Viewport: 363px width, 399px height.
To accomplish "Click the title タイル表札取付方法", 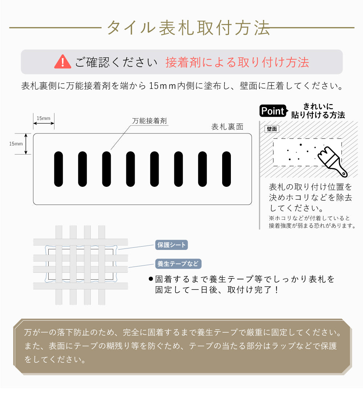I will (188, 28).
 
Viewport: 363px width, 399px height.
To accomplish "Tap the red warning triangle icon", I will (62, 62).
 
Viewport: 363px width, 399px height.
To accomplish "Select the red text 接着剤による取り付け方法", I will (237, 62).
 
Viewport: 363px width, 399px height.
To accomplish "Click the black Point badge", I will (273, 111).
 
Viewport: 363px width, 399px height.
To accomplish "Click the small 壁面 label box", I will (272, 129).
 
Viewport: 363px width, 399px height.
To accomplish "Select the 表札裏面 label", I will (227, 127).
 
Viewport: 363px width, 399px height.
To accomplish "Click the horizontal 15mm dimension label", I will (44, 119).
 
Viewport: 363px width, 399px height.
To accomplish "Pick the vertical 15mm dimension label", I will (16, 144).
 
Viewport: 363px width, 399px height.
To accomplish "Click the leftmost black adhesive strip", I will (58, 169).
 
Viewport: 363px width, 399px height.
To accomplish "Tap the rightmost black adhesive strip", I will (227, 169).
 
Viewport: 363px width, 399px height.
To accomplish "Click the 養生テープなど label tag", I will (178, 263).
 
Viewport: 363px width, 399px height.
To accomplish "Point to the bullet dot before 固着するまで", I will (151, 279).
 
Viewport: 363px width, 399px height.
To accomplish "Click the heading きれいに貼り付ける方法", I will (318, 111).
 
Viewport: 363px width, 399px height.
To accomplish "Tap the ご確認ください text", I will (116, 62).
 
